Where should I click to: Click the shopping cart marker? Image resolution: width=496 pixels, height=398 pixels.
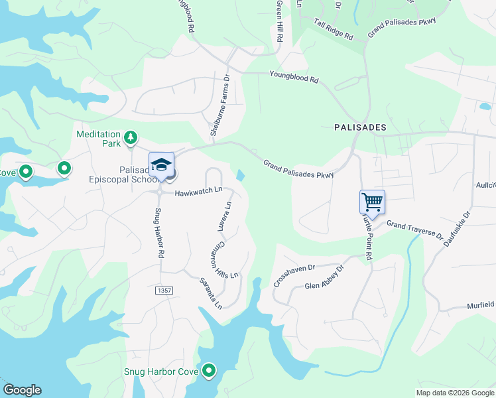pyautogui.click(x=372, y=202)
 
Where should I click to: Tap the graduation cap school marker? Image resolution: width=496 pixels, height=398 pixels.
pyautogui.click(x=161, y=165)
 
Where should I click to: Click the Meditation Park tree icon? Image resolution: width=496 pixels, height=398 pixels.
pyautogui.click(x=131, y=138)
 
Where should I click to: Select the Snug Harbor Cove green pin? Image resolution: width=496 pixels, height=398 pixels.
pyautogui.click(x=209, y=371)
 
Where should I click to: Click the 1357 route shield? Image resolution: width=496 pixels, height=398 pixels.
pyautogui.click(x=164, y=291)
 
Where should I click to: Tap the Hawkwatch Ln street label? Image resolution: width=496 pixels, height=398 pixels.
pyautogui.click(x=198, y=192)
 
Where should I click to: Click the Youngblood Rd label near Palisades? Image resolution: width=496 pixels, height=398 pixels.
pyautogui.click(x=294, y=78)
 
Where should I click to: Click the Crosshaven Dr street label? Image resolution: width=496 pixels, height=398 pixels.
pyautogui.click(x=295, y=276)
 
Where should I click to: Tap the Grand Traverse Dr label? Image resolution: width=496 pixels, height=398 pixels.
pyautogui.click(x=414, y=230)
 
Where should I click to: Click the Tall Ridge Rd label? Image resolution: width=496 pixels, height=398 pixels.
pyautogui.click(x=334, y=29)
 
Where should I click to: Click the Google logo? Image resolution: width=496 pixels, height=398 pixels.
pyautogui.click(x=22, y=390)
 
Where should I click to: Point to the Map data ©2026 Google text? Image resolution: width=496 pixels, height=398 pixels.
pyautogui.click(x=454, y=393)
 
